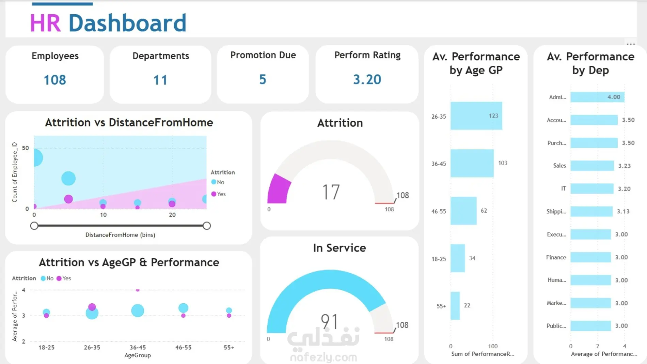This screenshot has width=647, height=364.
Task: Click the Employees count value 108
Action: pyautogui.click(x=55, y=80)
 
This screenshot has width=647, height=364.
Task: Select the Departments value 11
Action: pyautogui.click(x=160, y=80)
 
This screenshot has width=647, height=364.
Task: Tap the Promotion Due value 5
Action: pyautogui.click(x=263, y=79)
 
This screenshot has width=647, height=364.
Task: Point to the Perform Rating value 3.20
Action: pyautogui.click(x=367, y=79)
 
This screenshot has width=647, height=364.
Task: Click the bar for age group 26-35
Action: pyautogui.click(x=476, y=116)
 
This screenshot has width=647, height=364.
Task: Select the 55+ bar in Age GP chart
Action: pyautogui.click(x=455, y=306)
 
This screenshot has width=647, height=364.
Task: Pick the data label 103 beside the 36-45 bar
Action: pyautogui.click(x=503, y=163)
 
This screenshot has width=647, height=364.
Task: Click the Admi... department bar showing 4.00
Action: pyautogui.click(x=597, y=97)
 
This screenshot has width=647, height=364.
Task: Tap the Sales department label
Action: pyautogui.click(x=559, y=166)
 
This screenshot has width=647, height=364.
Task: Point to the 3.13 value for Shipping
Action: pyautogui.click(x=623, y=212)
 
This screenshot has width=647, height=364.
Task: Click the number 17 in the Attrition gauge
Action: pyautogui.click(x=331, y=192)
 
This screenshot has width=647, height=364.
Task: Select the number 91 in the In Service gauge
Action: pyautogui.click(x=329, y=322)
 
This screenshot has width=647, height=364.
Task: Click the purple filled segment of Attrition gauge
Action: pyautogui.click(x=278, y=189)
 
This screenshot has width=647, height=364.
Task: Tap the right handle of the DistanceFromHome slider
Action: pyautogui.click(x=207, y=226)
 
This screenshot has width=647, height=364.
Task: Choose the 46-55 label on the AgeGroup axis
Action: pyautogui.click(x=183, y=348)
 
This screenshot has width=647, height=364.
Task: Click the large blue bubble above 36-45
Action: pyautogui.click(x=138, y=310)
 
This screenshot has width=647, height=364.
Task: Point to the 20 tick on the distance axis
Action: pyautogui.click(x=172, y=215)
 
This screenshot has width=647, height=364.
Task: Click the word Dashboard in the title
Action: pyautogui.click(x=127, y=23)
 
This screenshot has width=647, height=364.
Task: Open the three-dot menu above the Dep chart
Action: pyautogui.click(x=631, y=44)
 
